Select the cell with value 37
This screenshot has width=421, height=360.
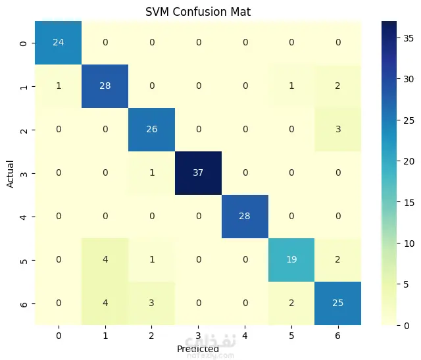(198, 173)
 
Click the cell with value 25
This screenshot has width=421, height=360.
(337, 303)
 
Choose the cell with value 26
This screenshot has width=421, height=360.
(151, 130)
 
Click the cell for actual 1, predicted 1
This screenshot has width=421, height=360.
(105, 86)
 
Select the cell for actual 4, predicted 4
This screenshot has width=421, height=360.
(244, 216)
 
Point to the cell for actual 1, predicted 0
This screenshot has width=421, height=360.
(59, 86)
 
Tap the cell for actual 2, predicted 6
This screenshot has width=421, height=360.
(337, 130)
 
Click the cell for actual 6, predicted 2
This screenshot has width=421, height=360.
(151, 303)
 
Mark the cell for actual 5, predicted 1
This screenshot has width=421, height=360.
(105, 259)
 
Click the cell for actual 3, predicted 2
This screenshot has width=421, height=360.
(151, 173)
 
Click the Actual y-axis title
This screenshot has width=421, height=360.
(11, 173)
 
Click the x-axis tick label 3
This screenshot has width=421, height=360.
(198, 335)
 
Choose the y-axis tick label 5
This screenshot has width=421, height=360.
(24, 259)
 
